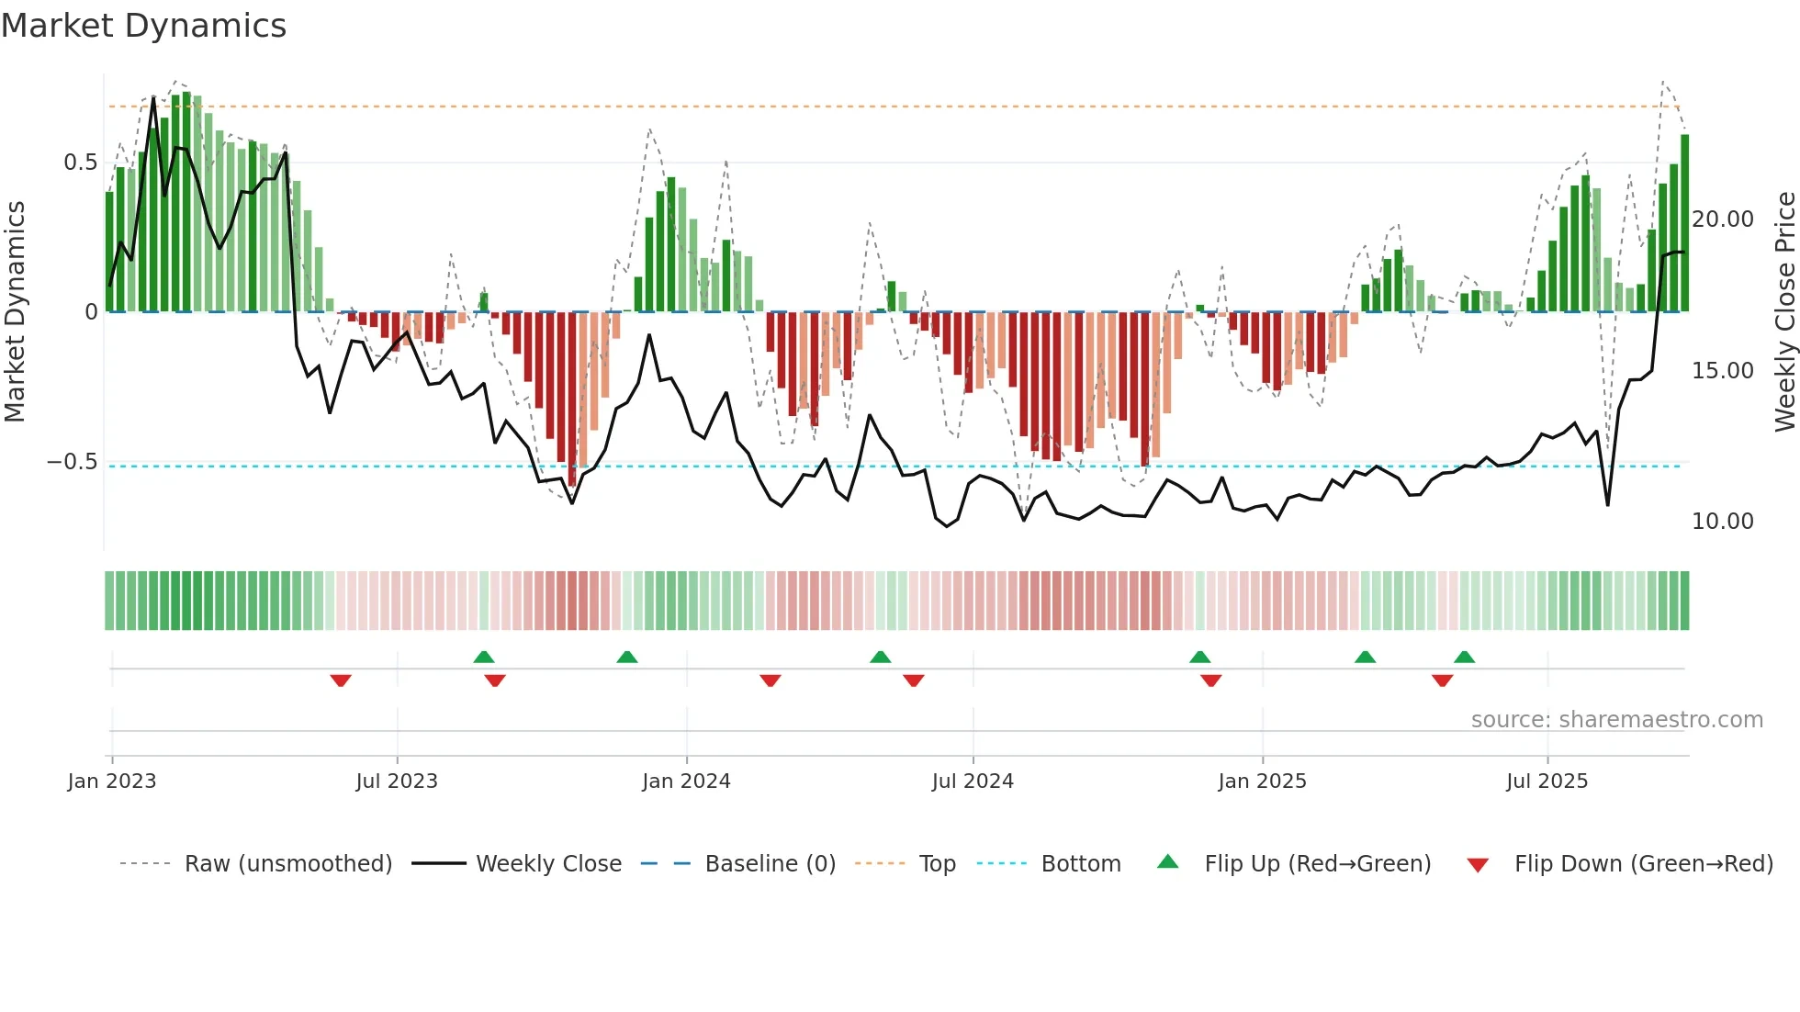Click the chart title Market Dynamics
click(143, 26)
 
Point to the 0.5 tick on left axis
click(81, 163)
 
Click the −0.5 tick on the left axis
click(73, 462)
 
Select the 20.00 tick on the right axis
click(1723, 219)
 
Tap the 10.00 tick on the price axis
click(1723, 522)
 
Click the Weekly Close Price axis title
click(1784, 312)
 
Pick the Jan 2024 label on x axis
click(686, 781)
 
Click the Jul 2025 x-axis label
click(1547, 781)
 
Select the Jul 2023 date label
click(397, 781)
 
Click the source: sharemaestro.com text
click(1616, 720)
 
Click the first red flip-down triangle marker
click(341, 680)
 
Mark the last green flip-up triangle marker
click(1465, 657)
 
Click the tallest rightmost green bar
click(1685, 224)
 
